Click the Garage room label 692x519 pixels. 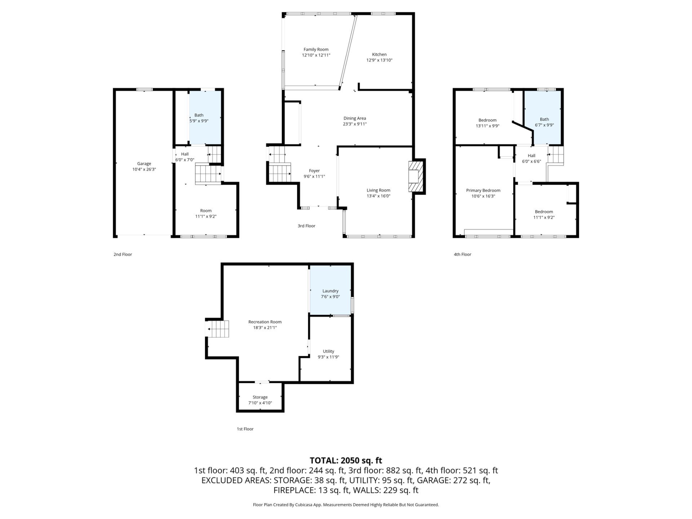click(144, 164)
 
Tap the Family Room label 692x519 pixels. click(316, 49)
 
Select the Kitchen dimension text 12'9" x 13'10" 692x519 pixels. click(379, 60)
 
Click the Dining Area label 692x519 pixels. click(355, 118)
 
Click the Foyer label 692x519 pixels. click(314, 171)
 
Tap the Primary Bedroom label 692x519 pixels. click(483, 190)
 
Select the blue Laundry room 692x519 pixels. click(330, 290)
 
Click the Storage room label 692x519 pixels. click(260, 397)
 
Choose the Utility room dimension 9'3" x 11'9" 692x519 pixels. click(328, 357)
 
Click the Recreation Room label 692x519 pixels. click(265, 322)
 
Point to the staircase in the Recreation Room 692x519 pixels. click(217, 329)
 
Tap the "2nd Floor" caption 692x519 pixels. click(123, 254)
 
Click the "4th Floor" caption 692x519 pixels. click(462, 254)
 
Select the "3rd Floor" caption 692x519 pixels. click(306, 226)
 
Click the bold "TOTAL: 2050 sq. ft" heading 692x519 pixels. click(346, 460)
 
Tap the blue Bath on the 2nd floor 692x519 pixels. click(205, 118)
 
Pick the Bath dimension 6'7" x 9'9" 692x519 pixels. click(544, 125)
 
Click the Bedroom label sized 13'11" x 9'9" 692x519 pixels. click(487, 120)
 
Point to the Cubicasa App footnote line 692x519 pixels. click(346, 505)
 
